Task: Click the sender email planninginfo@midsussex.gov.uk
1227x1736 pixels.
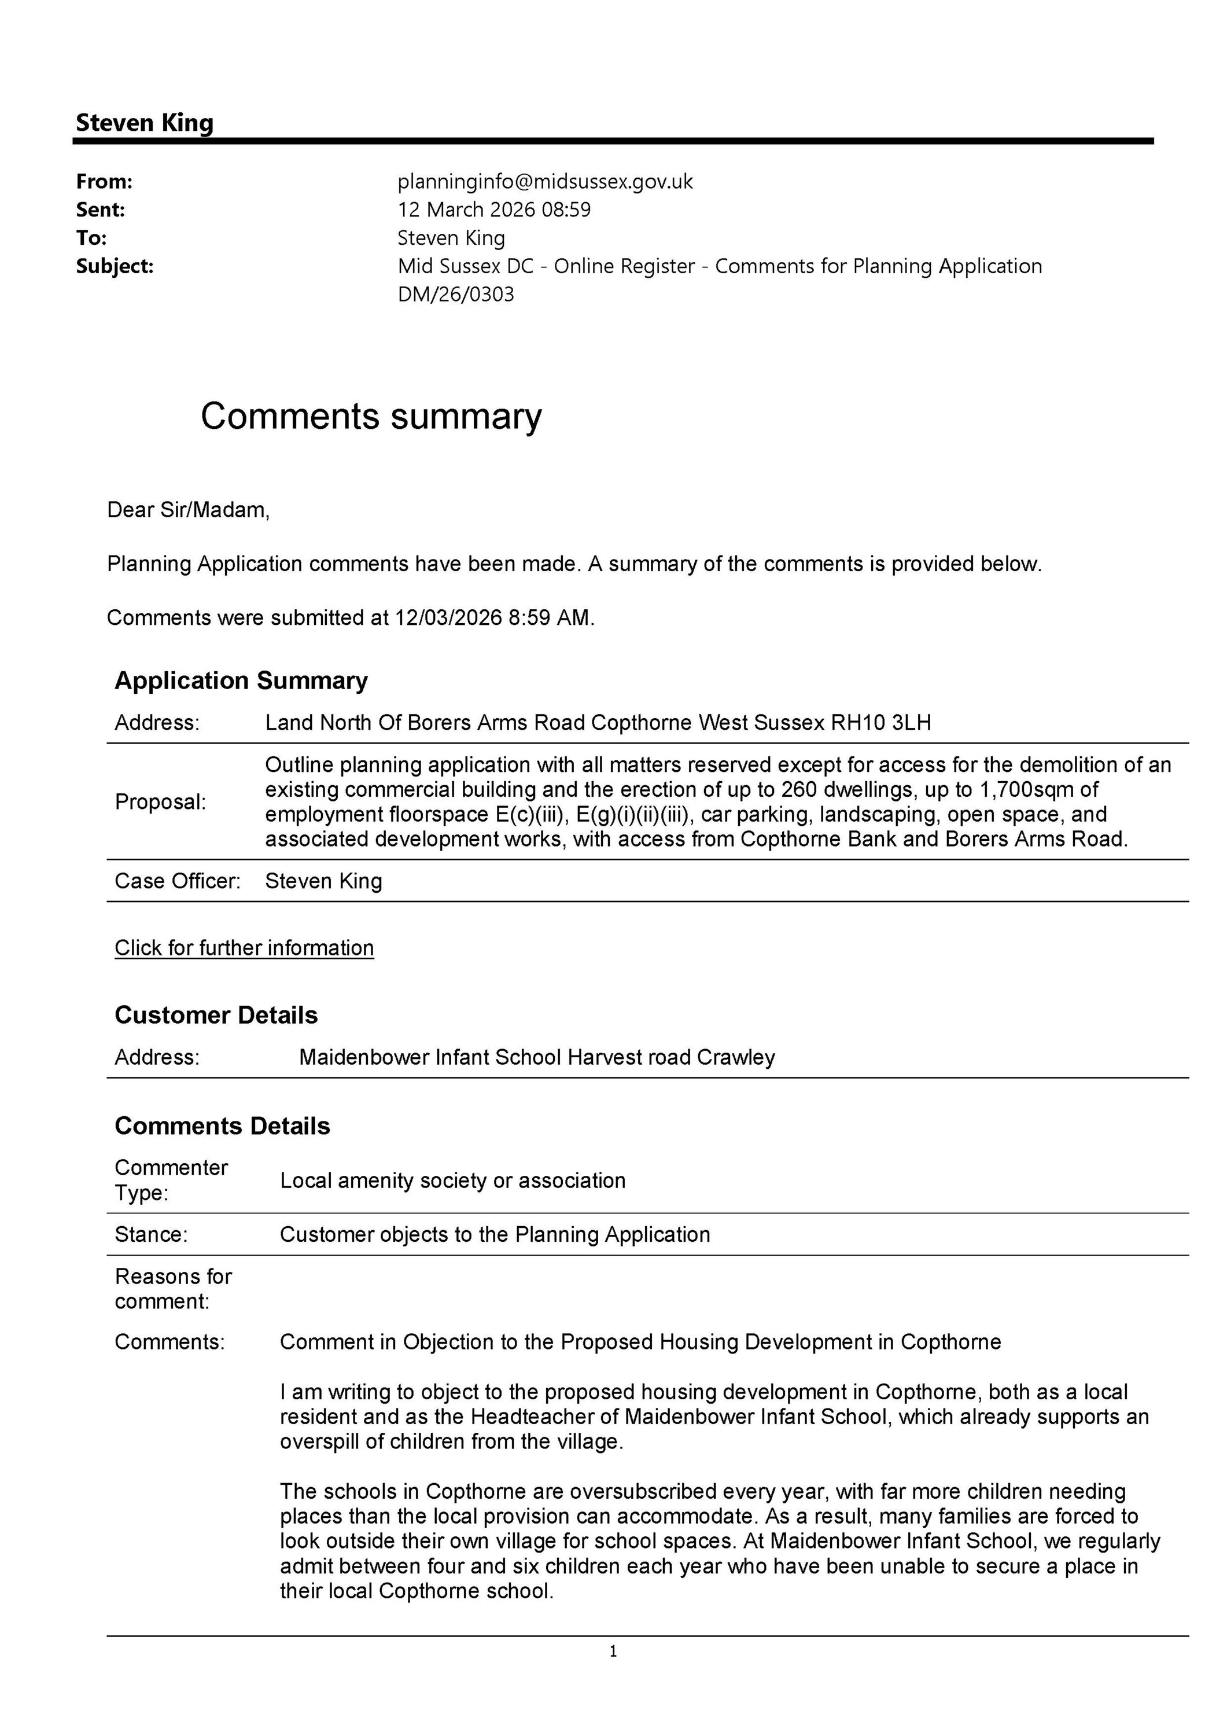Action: [544, 182]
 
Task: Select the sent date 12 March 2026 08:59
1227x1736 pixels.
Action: [493, 210]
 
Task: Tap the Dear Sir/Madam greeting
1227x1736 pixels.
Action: [188, 510]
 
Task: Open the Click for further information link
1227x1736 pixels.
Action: [244, 948]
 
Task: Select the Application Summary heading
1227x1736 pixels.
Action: [241, 681]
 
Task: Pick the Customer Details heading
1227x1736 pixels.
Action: [215, 1016]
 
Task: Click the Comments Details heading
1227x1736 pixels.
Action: [222, 1126]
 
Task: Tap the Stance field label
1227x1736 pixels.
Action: [150, 1235]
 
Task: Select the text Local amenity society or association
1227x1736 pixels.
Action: [452, 1181]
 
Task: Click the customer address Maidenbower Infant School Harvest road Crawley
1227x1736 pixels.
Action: [536, 1057]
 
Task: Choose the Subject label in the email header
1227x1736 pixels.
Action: [114, 266]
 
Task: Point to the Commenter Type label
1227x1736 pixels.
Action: [170, 1180]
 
